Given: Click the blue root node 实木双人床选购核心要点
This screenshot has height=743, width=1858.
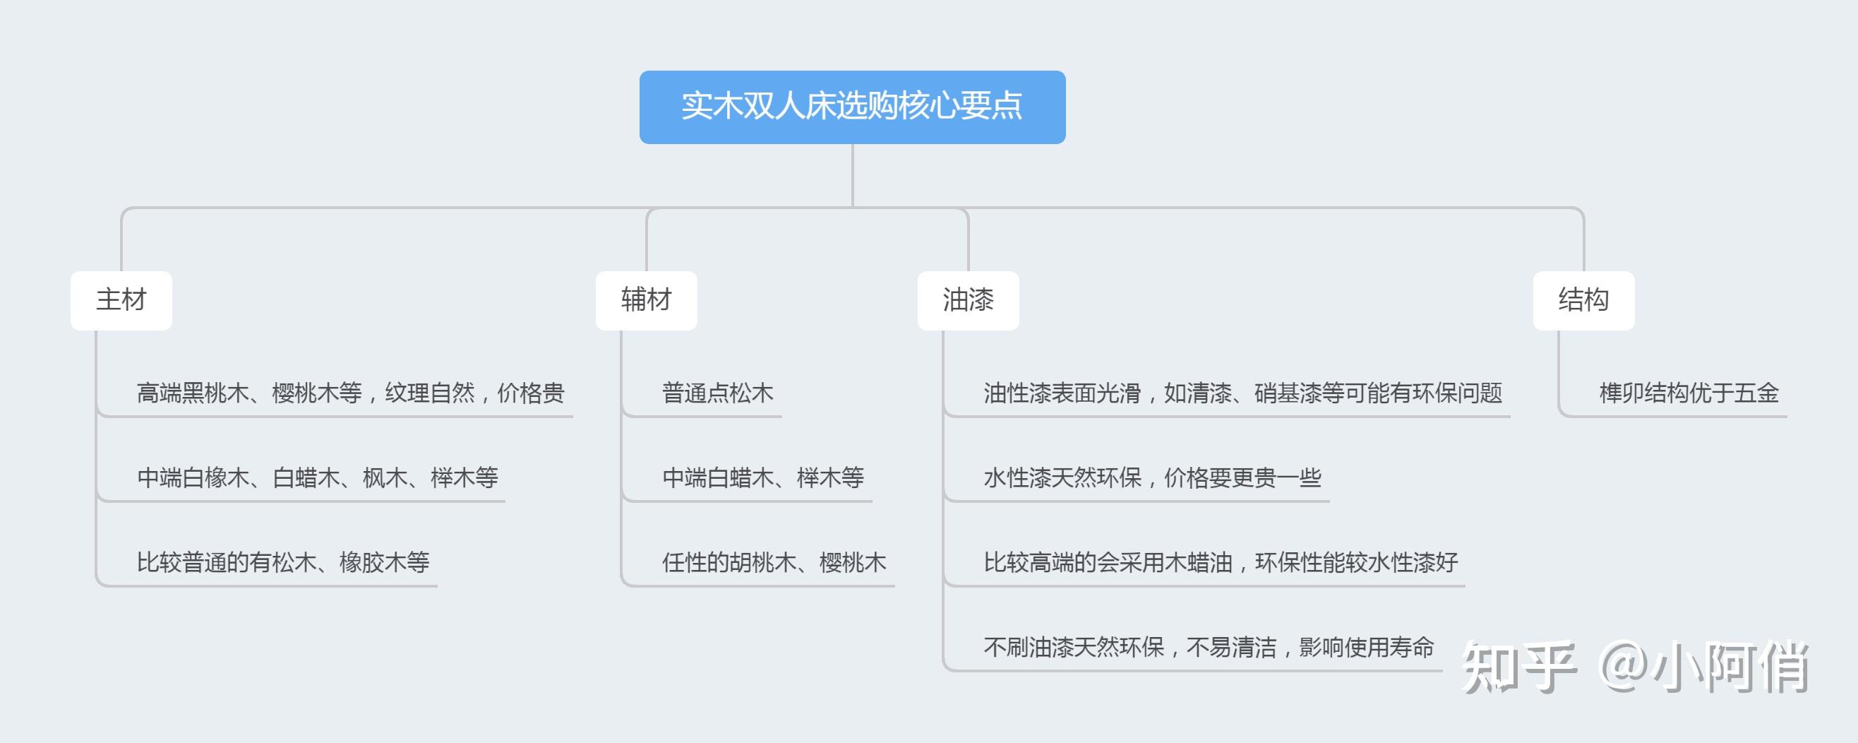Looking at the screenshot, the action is pyautogui.click(x=852, y=107).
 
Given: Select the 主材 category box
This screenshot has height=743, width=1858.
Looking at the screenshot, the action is pyautogui.click(x=121, y=300).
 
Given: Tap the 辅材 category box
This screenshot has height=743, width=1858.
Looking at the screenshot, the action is pyautogui.click(x=646, y=300).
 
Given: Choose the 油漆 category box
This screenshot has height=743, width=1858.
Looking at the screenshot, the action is pyautogui.click(x=968, y=300).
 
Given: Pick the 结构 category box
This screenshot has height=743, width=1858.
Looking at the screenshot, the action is pyautogui.click(x=1583, y=300).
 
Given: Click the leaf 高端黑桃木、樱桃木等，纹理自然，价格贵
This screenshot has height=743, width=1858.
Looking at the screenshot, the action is pyautogui.click(x=351, y=393).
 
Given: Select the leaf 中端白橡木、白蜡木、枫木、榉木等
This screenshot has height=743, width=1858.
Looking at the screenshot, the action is pyautogui.click(x=318, y=477).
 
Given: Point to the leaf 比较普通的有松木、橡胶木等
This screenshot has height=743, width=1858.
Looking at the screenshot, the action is pyautogui.click(x=283, y=562).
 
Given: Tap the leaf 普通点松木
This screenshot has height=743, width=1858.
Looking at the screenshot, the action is pyautogui.click(x=718, y=393).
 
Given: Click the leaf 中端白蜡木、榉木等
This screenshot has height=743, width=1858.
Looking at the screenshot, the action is pyautogui.click(x=763, y=477).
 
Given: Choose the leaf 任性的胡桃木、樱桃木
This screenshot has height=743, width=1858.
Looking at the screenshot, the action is pyautogui.click(x=774, y=562).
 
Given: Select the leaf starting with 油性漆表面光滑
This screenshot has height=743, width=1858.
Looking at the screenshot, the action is pyautogui.click(x=1242, y=393).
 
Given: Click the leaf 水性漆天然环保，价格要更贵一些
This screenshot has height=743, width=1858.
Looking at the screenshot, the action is pyautogui.click(x=1152, y=477).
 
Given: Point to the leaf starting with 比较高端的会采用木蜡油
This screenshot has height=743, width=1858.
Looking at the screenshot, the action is pyautogui.click(x=1221, y=562).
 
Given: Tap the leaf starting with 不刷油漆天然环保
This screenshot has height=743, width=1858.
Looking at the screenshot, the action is pyautogui.click(x=1209, y=647).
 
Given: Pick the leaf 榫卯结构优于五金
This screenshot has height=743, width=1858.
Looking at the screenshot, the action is pyautogui.click(x=1689, y=393).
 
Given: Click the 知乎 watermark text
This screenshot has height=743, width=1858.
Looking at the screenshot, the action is pyautogui.click(x=1518, y=668).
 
